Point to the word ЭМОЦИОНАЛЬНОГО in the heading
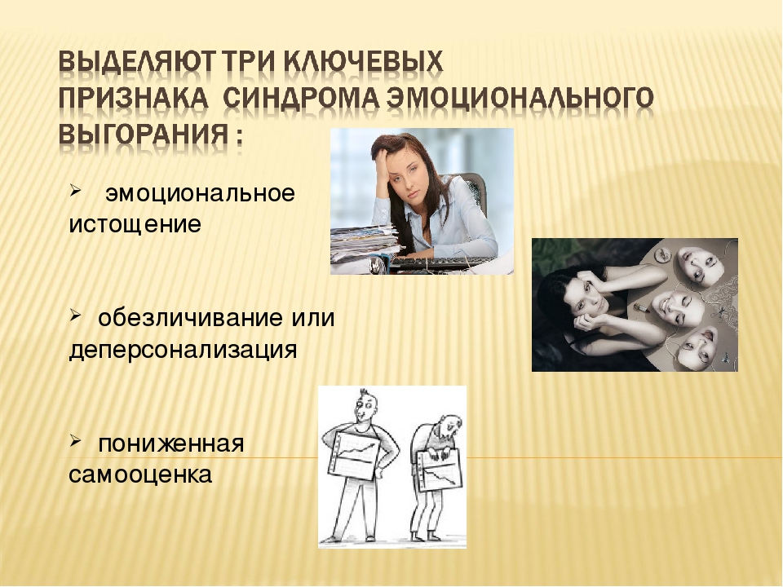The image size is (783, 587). tap(520, 98)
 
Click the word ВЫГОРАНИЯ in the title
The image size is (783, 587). tap(142, 134)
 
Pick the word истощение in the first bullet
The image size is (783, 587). tap(135, 224)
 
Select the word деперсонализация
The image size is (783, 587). tap(183, 350)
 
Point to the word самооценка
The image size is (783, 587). tap(140, 474)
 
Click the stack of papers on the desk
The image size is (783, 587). tap(364, 244)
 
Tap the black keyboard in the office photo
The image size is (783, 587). tap(442, 263)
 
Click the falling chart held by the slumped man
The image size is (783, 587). tap(440, 470)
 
